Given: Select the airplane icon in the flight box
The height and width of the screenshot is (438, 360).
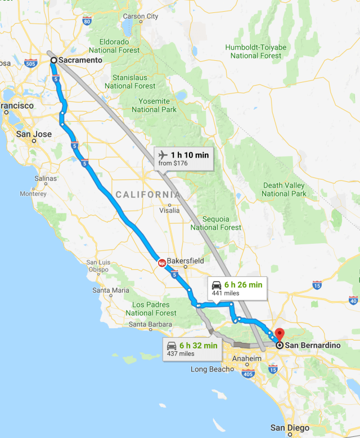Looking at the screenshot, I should click(x=163, y=155).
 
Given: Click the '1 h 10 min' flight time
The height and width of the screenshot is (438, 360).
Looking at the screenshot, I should click(x=190, y=155).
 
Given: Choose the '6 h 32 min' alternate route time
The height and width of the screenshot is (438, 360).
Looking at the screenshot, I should click(x=199, y=345).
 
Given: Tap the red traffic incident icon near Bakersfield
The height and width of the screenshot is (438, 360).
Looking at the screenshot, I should click(x=161, y=262).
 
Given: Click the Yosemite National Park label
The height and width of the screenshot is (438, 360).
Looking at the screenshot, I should click(x=151, y=105).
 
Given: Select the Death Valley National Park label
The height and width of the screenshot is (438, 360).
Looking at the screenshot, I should click(x=283, y=190).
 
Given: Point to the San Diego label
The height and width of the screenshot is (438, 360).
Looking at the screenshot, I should click(x=290, y=428).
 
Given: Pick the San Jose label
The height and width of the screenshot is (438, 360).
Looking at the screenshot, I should click(x=34, y=135).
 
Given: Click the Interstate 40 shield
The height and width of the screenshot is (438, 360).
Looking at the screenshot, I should click(x=353, y=301).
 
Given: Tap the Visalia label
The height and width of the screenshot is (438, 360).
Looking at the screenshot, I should click(x=169, y=210).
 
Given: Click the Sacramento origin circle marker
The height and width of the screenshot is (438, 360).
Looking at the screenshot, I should click(x=53, y=60).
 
